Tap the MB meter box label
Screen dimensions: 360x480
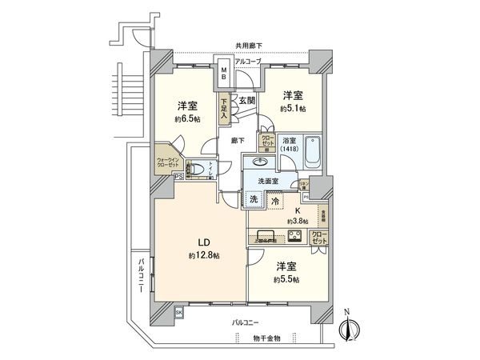pos(224,73)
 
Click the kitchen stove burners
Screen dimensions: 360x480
pos(294,236)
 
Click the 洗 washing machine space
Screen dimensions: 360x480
pos(253,199)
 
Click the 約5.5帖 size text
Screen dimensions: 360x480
pos(285,279)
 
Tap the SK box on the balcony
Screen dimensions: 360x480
pos(178,312)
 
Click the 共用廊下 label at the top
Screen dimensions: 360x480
pos(249,46)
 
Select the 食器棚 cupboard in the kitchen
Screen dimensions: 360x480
pos(324,215)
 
